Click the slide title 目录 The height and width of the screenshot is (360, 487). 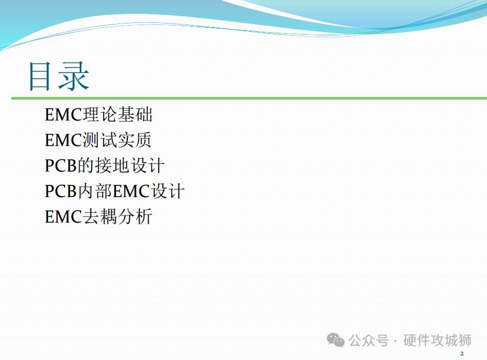click(59, 76)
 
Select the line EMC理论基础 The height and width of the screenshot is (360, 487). click(99, 114)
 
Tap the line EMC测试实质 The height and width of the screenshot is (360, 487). click(98, 140)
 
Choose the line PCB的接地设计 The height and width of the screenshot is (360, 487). click(104, 165)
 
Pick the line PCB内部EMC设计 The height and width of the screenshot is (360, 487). click(114, 191)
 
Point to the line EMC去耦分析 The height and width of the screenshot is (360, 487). click(99, 217)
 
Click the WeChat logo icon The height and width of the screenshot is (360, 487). click(335, 340)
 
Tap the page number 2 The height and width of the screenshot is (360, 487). click(462, 353)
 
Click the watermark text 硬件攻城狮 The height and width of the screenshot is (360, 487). click(437, 340)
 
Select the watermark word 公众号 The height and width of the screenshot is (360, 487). click(368, 341)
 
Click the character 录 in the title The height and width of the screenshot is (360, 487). click(75, 76)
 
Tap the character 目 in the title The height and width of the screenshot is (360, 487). click(39, 76)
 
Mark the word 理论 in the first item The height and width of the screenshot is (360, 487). click(100, 114)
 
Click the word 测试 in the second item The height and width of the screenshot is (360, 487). click(100, 140)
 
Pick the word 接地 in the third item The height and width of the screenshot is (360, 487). click(112, 165)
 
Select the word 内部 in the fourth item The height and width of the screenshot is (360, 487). click(95, 191)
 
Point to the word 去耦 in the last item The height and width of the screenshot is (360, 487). click(100, 217)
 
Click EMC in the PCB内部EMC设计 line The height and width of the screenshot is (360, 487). click(131, 191)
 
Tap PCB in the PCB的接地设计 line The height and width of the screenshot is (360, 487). click(61, 166)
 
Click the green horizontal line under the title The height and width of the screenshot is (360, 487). click(249, 99)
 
